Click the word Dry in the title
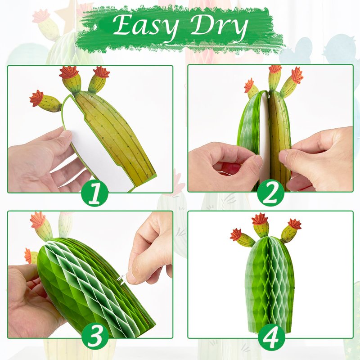pyautogui.click(x=220, y=27)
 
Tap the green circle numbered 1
pyautogui.click(x=94, y=193)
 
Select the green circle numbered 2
pyautogui.click(x=270, y=193)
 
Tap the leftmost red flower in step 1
pyautogui.click(x=36, y=98)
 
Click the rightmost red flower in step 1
pyautogui.click(x=101, y=72)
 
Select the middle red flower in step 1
pyautogui.click(x=69, y=72)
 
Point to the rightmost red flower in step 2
pyautogui.click(x=297, y=75)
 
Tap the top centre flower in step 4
pyautogui.click(x=260, y=219)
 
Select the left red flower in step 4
pyautogui.click(x=235, y=234)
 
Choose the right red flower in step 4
pyautogui.click(x=295, y=224)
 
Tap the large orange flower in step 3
pyautogui.click(x=38, y=220)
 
